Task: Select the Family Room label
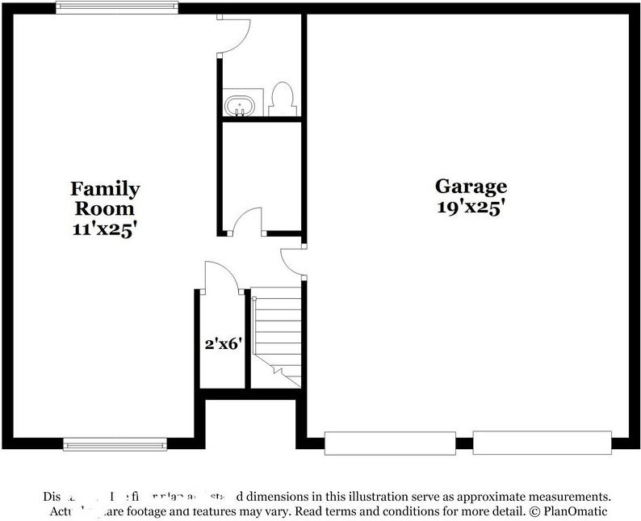(105, 199)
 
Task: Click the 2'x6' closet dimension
(221, 342)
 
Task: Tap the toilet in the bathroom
(283, 99)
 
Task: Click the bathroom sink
(240, 105)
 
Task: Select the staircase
(277, 339)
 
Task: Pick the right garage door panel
(539, 443)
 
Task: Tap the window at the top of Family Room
(116, 7)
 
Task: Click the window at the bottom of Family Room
(115, 443)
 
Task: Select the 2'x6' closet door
(220, 276)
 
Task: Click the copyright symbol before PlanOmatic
(534, 511)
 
